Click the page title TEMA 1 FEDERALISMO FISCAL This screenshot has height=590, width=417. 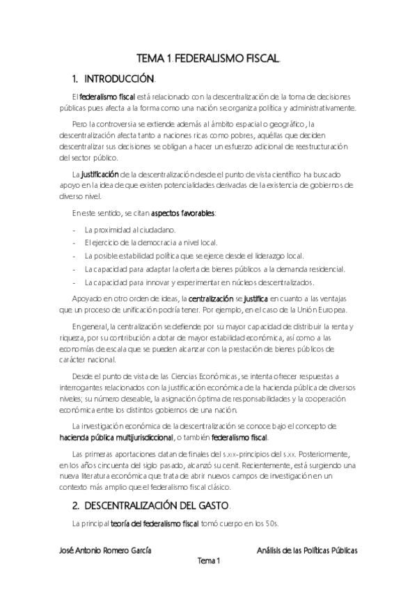208,60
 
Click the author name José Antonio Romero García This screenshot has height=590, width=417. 106,550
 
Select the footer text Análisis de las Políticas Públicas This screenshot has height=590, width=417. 307,550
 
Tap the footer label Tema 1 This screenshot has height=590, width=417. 208,561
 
